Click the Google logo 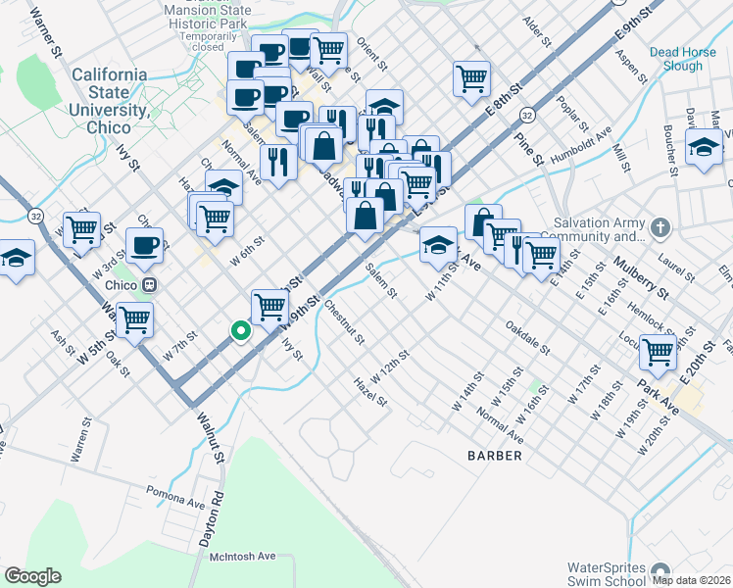(x=32, y=575)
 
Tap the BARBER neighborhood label (x=494, y=456)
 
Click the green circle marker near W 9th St (x=238, y=332)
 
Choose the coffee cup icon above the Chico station (x=145, y=246)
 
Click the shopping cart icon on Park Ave (x=658, y=352)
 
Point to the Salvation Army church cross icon (x=661, y=228)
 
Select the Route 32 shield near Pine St (x=526, y=115)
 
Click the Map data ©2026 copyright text (x=691, y=580)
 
